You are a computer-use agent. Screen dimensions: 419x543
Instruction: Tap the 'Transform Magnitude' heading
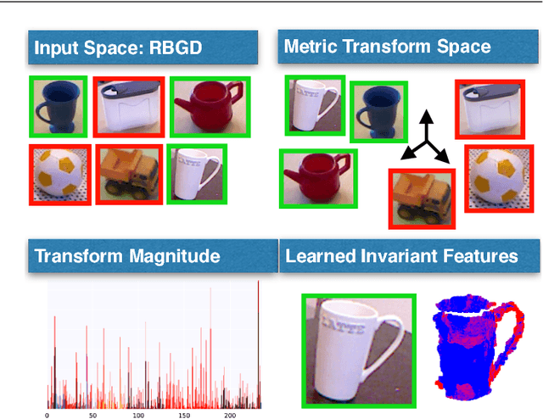tap(127, 255)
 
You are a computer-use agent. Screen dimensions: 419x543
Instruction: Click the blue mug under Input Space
tap(57, 106)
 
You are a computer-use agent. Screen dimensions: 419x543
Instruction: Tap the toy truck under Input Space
tap(129, 174)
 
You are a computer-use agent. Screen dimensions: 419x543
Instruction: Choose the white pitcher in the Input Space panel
tap(129, 106)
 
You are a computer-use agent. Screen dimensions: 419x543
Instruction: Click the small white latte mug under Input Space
tap(196, 173)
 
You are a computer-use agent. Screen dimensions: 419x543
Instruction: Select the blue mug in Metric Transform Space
tap(379, 109)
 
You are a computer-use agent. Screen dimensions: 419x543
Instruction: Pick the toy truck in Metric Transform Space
tap(422, 198)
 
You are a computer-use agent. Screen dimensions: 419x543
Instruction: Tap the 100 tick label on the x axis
tap(137, 416)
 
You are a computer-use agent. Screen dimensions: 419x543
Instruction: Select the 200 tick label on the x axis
tap(229, 416)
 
